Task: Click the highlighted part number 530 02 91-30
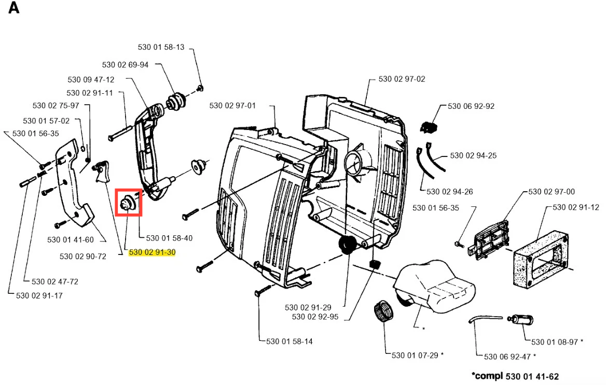(152, 252)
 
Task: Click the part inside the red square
(129, 202)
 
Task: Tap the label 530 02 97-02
(402, 79)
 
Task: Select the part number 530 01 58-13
(161, 47)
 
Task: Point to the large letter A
(14, 8)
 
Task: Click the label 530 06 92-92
(471, 106)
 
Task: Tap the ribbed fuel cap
(383, 311)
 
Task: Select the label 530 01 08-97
(555, 342)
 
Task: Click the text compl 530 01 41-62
(515, 376)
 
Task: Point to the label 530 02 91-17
(39, 296)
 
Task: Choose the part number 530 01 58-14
(290, 341)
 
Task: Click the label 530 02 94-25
(473, 155)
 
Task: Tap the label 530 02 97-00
(552, 192)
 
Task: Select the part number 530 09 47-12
(91, 80)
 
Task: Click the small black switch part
(428, 127)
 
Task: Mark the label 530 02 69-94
(125, 65)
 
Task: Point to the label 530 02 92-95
(315, 317)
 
